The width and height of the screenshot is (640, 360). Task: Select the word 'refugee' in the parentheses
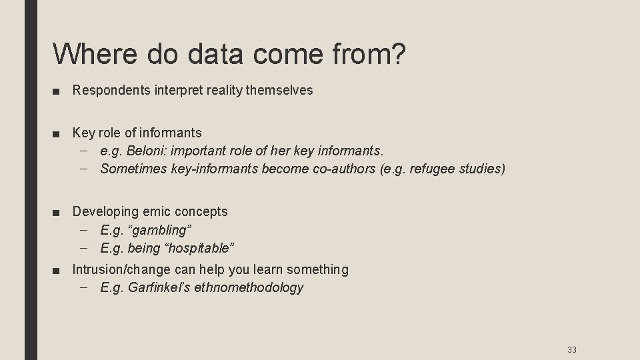434,169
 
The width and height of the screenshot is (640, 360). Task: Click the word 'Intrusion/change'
122,269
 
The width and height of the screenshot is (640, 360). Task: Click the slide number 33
571,349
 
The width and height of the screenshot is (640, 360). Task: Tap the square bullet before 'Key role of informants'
61,133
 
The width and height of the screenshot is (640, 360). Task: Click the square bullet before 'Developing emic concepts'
61,212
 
